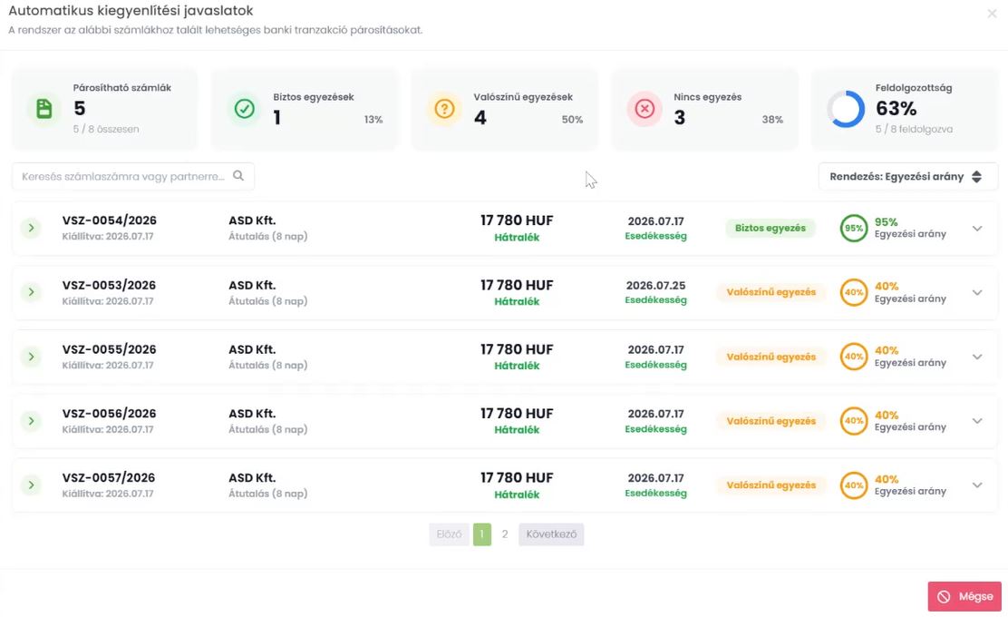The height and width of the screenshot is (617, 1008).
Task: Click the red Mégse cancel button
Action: pos(964,596)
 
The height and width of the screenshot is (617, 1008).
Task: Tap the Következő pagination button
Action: pos(551,534)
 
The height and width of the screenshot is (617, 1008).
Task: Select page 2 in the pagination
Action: pos(505,534)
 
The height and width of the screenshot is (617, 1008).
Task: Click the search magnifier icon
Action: pos(238,176)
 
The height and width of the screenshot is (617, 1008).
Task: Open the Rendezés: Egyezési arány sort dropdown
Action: pos(907,176)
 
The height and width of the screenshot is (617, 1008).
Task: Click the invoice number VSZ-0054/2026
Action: pos(110,220)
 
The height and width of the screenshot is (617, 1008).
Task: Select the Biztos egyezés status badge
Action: pos(771,228)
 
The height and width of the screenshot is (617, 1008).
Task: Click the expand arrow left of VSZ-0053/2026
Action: pos(31,292)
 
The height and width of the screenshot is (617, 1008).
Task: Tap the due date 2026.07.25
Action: pos(655,285)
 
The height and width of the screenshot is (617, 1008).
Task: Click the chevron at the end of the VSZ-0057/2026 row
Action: pos(977,485)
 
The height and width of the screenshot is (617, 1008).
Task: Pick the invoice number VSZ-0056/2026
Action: pos(110,413)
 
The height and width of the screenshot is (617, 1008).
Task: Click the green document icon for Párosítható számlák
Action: pos(44,109)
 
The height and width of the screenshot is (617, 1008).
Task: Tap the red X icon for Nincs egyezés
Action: pos(645,109)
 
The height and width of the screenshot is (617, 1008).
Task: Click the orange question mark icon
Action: pos(444,109)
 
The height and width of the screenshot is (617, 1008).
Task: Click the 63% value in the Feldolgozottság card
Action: pos(897,108)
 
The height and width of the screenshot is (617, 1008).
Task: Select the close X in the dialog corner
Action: pos(992,14)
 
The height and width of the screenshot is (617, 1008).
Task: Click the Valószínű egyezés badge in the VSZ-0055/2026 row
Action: pos(771,357)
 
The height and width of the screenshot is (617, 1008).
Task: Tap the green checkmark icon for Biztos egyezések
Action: pos(244,109)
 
